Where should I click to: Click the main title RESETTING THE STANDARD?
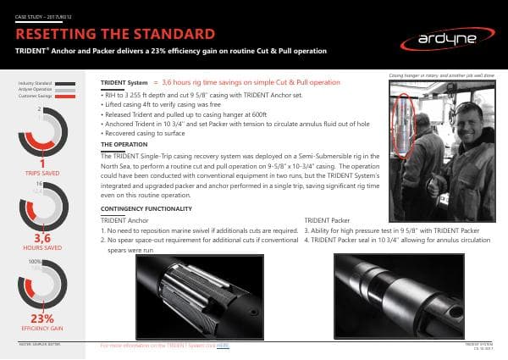(114, 35)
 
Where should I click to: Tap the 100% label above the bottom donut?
(35, 262)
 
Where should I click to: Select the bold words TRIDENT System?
(124, 84)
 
